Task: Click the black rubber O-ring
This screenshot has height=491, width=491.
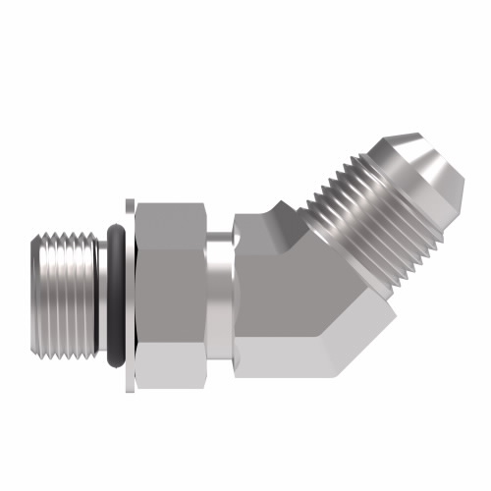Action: tap(115, 295)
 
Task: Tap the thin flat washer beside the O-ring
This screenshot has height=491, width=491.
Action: tap(129, 295)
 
